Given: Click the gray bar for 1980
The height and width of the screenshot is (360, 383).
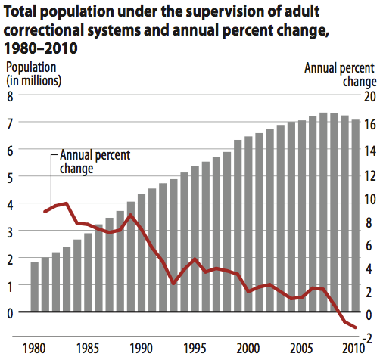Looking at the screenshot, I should click(34, 287).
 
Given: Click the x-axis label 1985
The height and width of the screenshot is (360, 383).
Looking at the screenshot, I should click(87, 349).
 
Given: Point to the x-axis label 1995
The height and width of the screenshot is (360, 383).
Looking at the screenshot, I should click(195, 349).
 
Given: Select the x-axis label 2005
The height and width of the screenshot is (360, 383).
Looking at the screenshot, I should click(302, 349).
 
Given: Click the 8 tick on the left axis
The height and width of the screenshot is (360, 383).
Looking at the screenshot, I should click(11, 96).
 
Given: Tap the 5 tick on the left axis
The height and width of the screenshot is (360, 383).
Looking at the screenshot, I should click(11, 177).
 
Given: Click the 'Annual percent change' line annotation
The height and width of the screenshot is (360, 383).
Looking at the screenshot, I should click(95, 162).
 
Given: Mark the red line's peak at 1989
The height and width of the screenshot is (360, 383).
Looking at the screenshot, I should click(131, 215).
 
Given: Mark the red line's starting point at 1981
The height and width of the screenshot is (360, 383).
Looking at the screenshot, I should click(45, 211).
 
